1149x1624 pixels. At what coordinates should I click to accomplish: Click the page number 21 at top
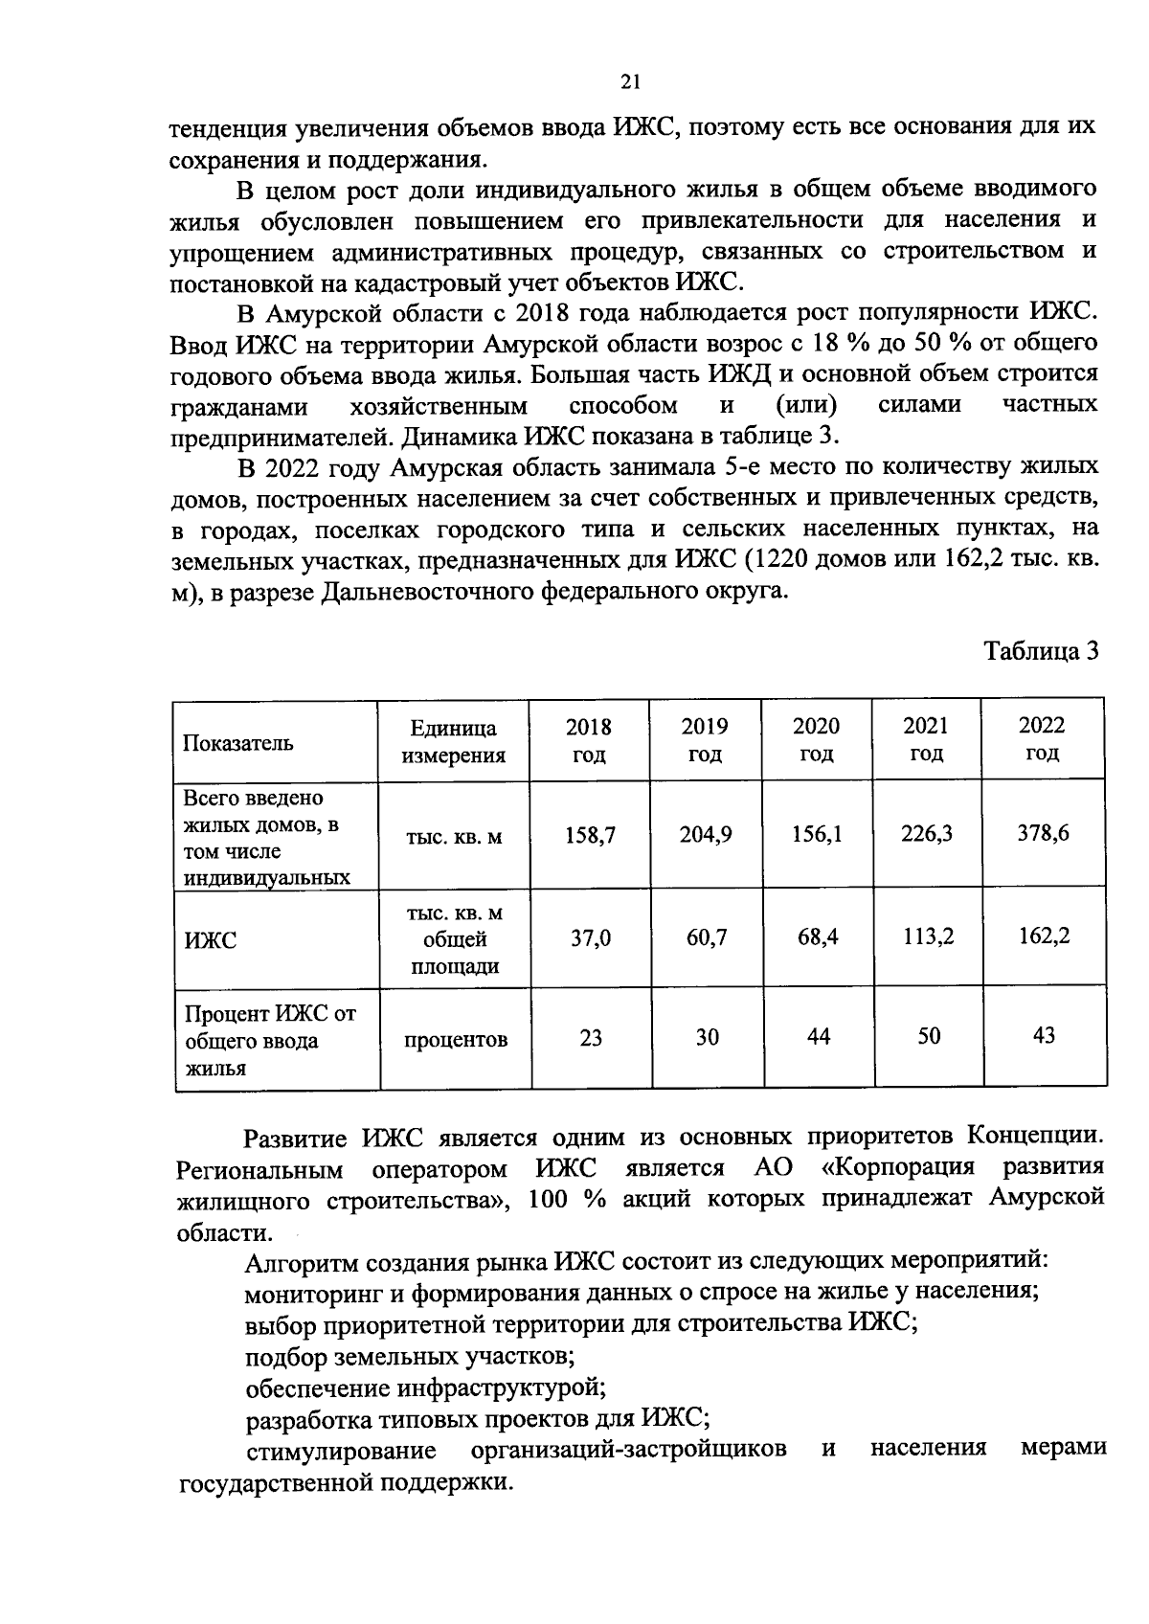tap(629, 82)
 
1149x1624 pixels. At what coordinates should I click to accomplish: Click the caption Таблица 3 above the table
tap(1041, 652)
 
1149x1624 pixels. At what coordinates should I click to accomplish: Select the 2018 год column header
tap(589, 739)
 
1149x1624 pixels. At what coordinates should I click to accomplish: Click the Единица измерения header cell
tap(453, 741)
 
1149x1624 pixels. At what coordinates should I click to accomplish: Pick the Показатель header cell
tap(238, 743)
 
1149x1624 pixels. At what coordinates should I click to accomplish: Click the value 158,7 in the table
tap(589, 835)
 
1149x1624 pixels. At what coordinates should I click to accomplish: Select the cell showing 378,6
tap(1043, 833)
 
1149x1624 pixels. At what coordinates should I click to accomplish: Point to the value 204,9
tap(706, 835)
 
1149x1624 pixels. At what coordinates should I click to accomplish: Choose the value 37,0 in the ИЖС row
tap(590, 939)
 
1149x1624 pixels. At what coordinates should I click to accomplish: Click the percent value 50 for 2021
tap(928, 1035)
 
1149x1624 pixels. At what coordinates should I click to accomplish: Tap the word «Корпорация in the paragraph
tap(898, 1168)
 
